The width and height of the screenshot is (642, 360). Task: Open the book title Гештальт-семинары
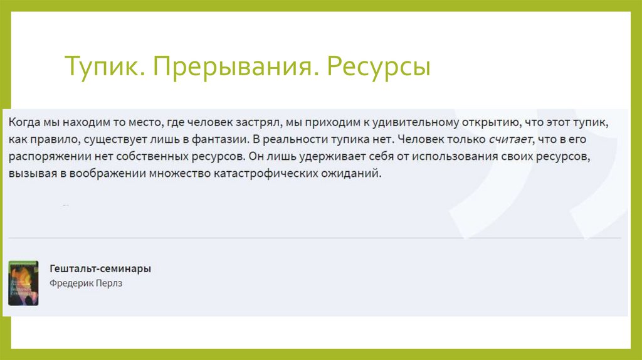[100, 268]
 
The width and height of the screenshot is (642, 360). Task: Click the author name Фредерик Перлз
[86, 283]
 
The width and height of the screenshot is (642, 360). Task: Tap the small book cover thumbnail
[23, 283]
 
